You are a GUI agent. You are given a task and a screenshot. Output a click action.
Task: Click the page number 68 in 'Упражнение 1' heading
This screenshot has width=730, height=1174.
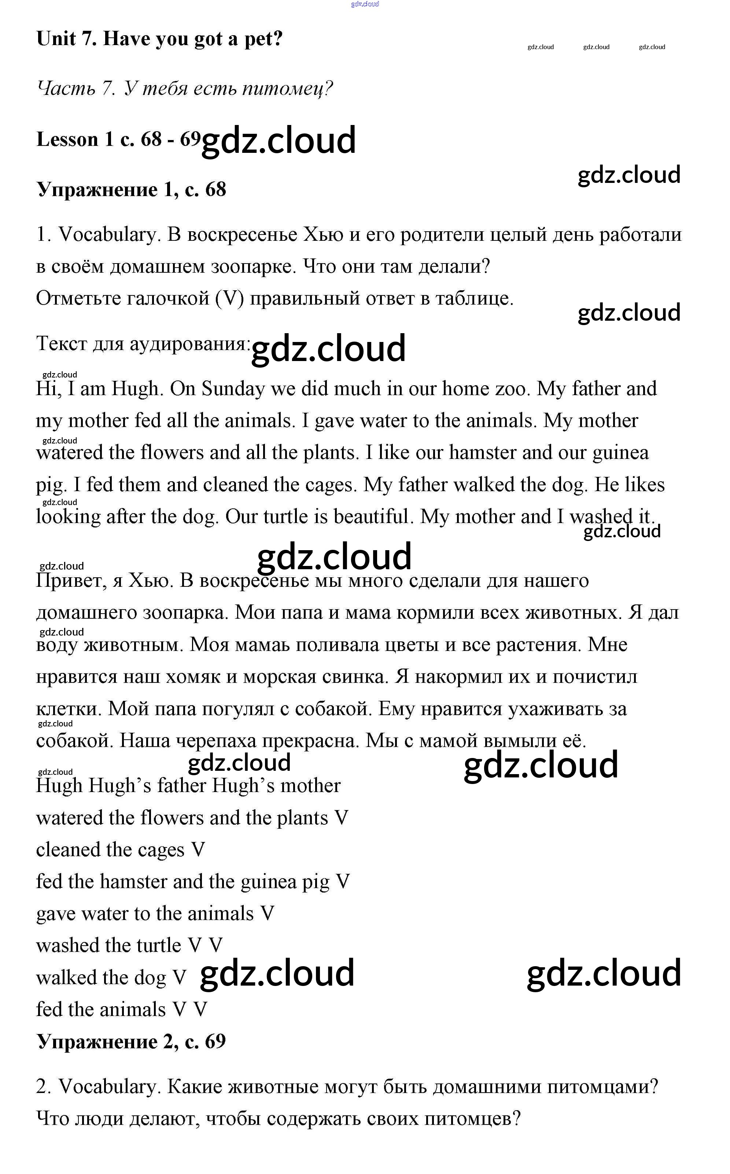point(215,190)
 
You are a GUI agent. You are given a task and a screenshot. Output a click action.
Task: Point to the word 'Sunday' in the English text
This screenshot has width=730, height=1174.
point(233,389)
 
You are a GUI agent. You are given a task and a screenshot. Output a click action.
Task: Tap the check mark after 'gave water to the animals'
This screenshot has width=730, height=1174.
point(267,914)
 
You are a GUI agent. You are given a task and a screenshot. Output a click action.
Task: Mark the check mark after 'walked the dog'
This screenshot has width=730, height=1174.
point(179,978)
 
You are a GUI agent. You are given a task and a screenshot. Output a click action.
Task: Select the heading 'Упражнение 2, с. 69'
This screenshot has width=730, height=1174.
point(131,1042)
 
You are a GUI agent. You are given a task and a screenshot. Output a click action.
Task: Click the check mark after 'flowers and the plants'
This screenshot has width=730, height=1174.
point(341,818)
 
